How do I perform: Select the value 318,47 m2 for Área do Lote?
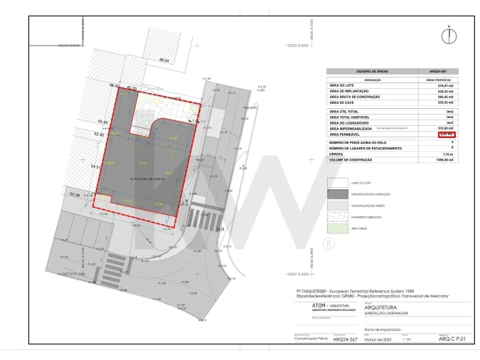pos(444,85)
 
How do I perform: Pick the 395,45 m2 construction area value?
pos(444,97)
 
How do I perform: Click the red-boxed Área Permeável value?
pos(445,134)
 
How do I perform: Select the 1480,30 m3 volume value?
pos(444,159)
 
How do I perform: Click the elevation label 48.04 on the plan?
pos(164,61)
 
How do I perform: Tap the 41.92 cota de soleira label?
pos(146,178)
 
